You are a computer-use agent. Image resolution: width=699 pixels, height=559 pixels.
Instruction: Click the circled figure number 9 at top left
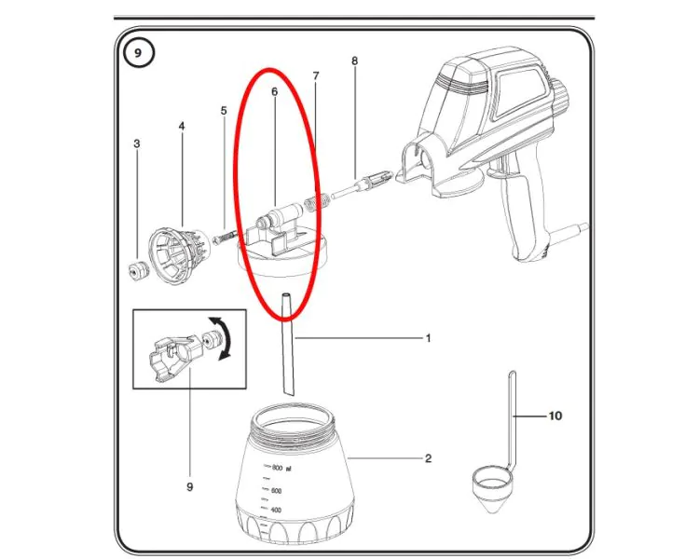pyautogui.click(x=138, y=53)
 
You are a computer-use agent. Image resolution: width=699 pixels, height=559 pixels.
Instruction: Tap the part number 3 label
pyautogui.click(x=137, y=144)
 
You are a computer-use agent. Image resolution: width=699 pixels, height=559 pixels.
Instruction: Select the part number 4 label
pyautogui.click(x=182, y=126)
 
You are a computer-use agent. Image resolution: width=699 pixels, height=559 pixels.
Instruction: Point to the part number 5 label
pyautogui.click(x=224, y=111)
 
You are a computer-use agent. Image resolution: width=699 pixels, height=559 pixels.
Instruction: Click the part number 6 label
pyautogui.click(x=274, y=92)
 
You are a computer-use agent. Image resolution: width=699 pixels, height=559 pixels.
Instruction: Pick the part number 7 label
pyautogui.click(x=316, y=75)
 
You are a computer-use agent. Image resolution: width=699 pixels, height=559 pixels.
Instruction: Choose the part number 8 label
pyautogui.click(x=354, y=61)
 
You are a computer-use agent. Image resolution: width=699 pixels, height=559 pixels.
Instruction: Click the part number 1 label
pyautogui.click(x=428, y=338)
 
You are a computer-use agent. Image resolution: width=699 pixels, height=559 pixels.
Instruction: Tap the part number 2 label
pyautogui.click(x=428, y=458)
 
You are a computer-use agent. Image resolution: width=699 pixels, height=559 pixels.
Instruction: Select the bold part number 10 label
pyautogui.click(x=555, y=416)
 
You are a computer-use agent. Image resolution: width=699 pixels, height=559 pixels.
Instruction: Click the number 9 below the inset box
pyautogui.click(x=189, y=486)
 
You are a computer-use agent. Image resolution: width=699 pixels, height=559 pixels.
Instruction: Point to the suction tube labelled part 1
pyautogui.click(x=286, y=345)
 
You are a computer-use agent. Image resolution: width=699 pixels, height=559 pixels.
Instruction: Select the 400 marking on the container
pyautogui.click(x=276, y=510)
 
